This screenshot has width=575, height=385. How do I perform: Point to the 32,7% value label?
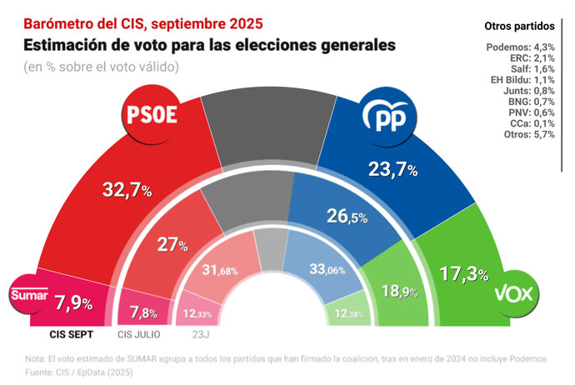[127, 189]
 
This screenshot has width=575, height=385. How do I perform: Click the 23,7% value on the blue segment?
[393, 170]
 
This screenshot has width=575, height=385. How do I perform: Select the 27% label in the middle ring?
[172, 245]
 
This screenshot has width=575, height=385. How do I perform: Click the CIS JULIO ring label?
[139, 335]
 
